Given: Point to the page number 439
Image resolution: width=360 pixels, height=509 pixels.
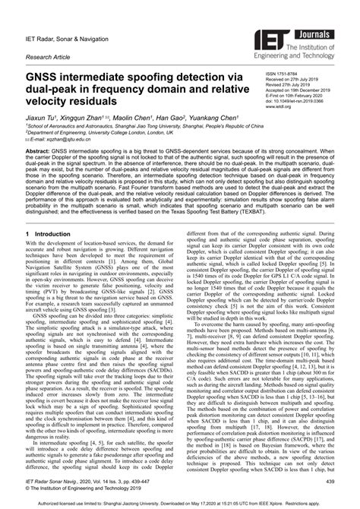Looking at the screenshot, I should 330,481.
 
